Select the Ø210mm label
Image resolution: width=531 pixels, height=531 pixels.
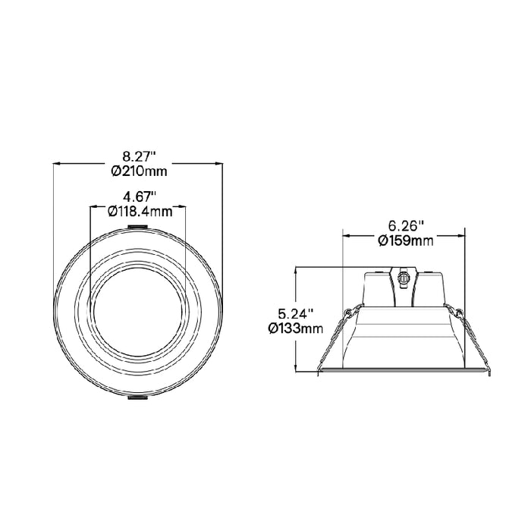139,171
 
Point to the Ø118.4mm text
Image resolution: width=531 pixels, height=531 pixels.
140,212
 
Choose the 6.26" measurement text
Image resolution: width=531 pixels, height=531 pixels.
406,226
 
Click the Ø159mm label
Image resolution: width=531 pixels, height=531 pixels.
406,241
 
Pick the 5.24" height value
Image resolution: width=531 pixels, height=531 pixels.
295,313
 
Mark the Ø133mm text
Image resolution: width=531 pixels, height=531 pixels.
296,328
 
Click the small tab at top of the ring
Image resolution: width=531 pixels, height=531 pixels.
139,225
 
